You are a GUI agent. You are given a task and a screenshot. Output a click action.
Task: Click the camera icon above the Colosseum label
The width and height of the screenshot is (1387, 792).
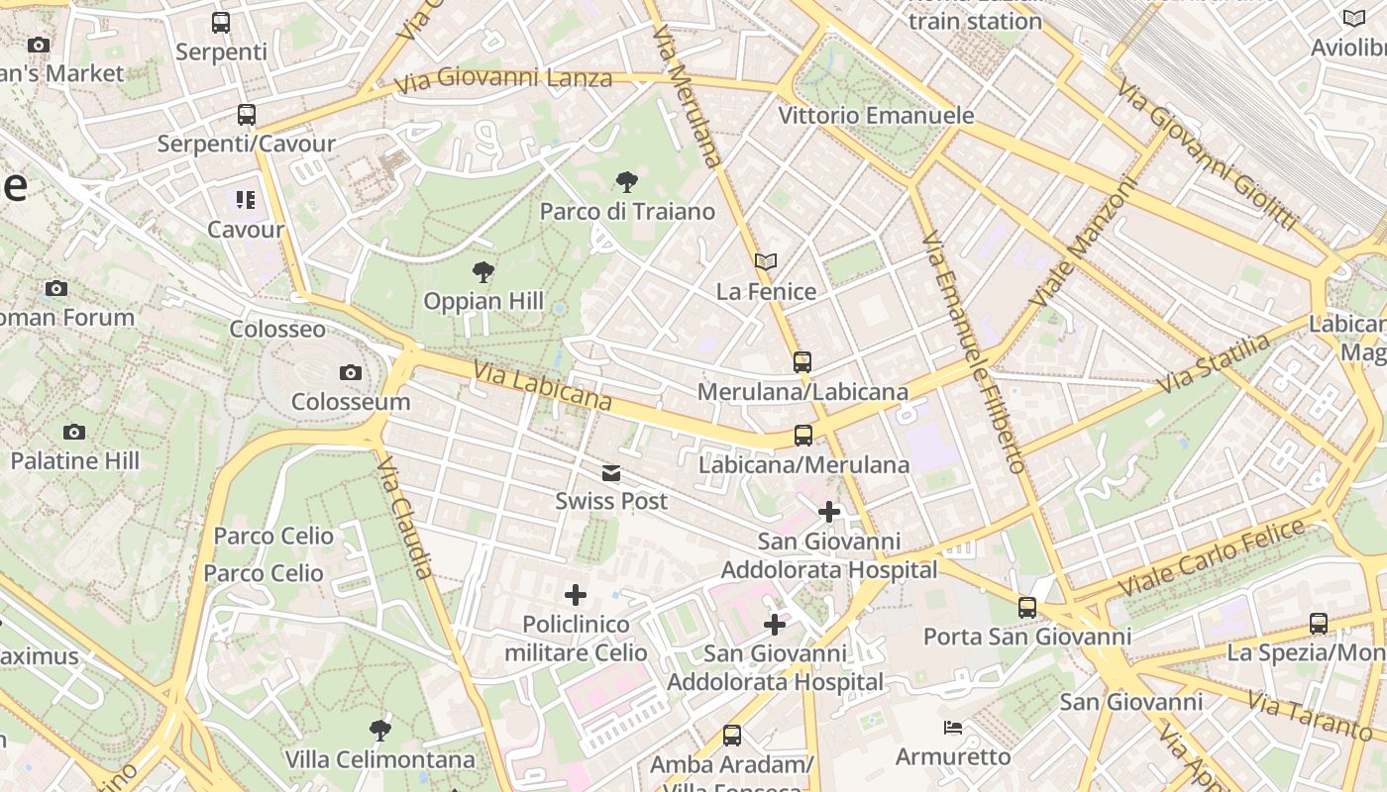350,373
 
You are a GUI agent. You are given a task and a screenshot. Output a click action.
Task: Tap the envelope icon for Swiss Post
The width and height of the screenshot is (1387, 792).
611,473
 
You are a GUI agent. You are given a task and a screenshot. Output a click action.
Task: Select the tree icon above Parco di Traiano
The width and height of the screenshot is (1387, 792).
626,182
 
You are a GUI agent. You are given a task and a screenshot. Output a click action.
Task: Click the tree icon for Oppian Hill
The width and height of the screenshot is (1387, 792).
483,272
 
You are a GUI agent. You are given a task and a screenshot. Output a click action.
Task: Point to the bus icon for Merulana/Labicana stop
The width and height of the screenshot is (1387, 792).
802,362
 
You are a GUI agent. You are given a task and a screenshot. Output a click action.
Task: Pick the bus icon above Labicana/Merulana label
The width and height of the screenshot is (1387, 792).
803,436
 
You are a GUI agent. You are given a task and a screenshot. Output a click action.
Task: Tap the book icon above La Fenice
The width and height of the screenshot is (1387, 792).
766,262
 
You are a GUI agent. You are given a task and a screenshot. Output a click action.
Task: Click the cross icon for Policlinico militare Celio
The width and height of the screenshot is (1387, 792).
576,595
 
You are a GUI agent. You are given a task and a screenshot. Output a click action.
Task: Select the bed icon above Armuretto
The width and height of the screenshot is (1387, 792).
953,728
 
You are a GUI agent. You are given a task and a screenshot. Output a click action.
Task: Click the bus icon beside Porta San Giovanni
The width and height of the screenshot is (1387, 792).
1027,608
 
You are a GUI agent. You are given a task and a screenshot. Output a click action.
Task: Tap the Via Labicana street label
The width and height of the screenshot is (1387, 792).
542,385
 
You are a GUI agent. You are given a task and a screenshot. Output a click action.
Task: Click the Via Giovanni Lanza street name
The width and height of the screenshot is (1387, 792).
503,79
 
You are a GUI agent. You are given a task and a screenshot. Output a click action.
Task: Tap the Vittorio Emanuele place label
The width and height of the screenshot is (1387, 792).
876,116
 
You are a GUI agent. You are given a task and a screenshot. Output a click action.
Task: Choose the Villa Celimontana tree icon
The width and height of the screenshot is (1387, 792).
379,732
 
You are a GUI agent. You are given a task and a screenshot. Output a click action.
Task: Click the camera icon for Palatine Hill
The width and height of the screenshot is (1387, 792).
74,432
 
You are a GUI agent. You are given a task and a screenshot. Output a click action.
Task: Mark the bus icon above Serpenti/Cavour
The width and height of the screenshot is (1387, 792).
247,115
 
